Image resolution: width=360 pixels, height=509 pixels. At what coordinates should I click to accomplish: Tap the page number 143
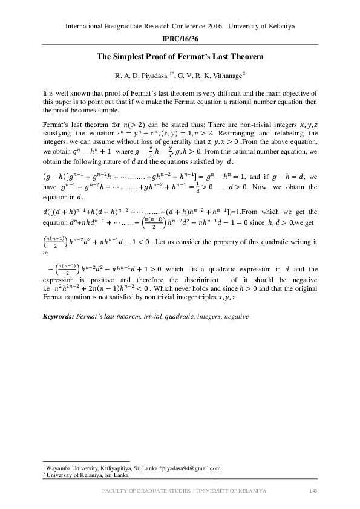313,490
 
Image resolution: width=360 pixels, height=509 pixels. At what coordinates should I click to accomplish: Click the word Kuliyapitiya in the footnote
105,468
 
